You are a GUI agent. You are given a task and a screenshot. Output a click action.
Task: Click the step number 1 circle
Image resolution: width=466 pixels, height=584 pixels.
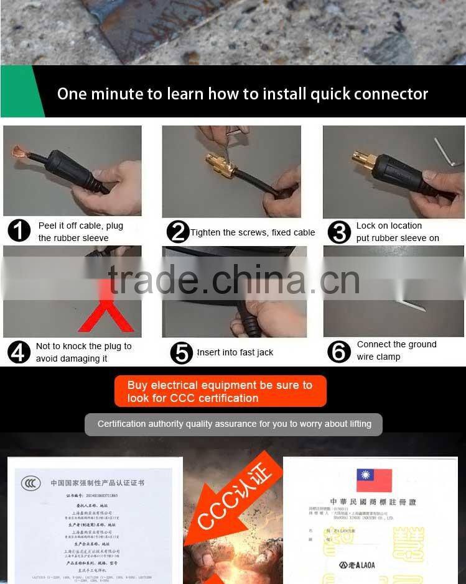19,231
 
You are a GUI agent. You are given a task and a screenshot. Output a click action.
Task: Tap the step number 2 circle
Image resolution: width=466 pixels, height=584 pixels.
178,232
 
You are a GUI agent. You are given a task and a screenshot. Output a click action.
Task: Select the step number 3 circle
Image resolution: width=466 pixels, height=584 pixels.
339,232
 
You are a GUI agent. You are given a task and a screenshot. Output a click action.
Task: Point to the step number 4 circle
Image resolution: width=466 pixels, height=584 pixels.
19,352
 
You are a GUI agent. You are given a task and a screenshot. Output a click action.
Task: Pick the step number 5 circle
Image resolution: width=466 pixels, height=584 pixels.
181,353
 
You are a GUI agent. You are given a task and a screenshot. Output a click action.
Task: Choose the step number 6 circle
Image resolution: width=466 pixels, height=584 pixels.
339,351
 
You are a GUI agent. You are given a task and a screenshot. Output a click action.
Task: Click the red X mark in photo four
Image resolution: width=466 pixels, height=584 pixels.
105,311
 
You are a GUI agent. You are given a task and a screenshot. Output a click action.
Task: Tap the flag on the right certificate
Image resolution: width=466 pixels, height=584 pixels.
374,480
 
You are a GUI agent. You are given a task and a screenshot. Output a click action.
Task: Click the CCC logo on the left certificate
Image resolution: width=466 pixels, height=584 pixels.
30,483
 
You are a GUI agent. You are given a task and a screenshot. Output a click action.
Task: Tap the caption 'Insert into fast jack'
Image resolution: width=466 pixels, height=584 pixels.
235,352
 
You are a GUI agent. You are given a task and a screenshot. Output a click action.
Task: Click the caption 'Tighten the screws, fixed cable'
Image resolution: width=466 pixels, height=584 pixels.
253,232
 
